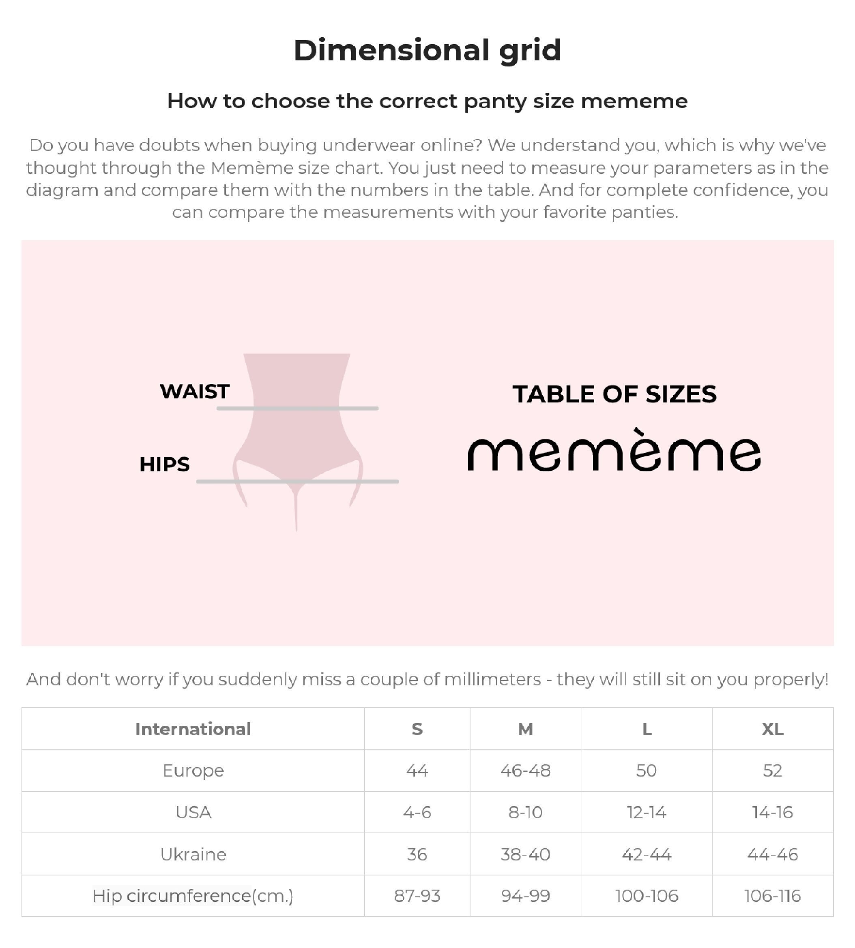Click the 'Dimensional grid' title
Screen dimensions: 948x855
click(x=427, y=50)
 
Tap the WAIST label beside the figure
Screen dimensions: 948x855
click(x=195, y=391)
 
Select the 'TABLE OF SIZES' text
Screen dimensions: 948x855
click(x=614, y=394)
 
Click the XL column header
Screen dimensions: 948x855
click(x=772, y=729)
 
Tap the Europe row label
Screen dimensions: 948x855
click(x=193, y=770)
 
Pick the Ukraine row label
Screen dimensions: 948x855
click(x=193, y=854)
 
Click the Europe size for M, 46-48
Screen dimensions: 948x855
click(x=525, y=770)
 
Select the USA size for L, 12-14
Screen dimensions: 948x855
click(x=647, y=812)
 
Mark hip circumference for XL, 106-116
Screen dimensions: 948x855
click(x=772, y=896)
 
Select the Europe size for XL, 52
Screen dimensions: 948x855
click(x=772, y=770)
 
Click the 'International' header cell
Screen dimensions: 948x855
click(x=193, y=729)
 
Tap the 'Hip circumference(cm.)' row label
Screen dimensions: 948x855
click(x=193, y=896)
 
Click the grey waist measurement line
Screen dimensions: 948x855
click(x=297, y=409)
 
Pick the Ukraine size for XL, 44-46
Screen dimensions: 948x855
click(x=772, y=854)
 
